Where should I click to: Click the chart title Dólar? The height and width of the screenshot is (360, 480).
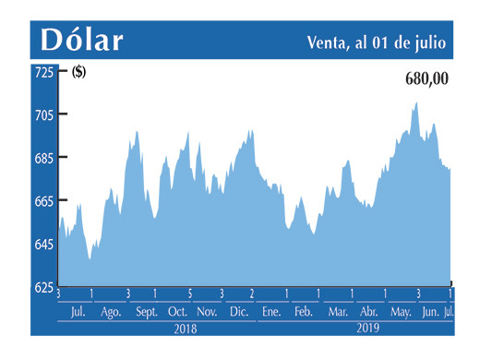click(x=81, y=40)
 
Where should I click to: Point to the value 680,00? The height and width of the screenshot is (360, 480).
click(x=426, y=79)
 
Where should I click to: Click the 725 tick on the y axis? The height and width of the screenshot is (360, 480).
click(x=43, y=72)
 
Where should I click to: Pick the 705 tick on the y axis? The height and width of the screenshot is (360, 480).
click(x=43, y=115)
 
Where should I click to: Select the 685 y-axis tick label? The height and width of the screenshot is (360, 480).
click(x=43, y=158)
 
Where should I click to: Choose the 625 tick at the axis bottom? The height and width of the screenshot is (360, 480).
click(x=43, y=287)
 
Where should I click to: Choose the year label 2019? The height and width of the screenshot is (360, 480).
click(x=368, y=328)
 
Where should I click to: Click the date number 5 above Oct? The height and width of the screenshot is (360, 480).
click(x=189, y=294)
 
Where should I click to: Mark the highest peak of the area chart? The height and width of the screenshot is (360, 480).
click(x=416, y=103)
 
